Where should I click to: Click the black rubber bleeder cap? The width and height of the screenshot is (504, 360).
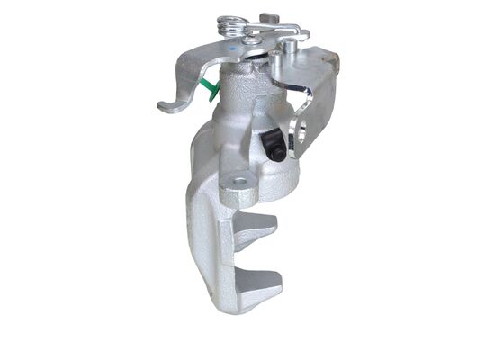275,145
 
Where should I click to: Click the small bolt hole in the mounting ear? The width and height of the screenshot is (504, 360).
239,184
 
